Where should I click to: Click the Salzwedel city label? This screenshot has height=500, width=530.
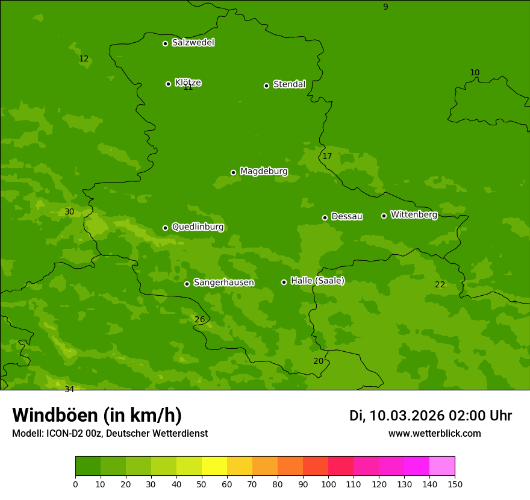click(x=193, y=43)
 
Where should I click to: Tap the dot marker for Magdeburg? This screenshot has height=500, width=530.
click(x=233, y=172)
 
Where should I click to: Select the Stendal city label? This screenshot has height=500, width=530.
click(x=289, y=84)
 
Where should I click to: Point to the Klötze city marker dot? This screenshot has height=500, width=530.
click(x=168, y=84)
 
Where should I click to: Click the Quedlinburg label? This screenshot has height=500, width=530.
click(x=198, y=227)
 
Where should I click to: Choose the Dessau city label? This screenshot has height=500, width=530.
click(x=346, y=216)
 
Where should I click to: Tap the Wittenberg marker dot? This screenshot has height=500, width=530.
click(x=384, y=216)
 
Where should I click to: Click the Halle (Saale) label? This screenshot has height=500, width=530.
click(x=317, y=281)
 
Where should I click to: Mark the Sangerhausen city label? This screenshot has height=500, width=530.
click(x=223, y=283)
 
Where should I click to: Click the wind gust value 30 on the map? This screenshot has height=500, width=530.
click(x=69, y=212)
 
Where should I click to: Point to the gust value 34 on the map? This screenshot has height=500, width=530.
click(x=69, y=389)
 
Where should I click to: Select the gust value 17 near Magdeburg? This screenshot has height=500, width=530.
click(x=327, y=157)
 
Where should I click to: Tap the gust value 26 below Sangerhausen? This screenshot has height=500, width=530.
click(x=199, y=319)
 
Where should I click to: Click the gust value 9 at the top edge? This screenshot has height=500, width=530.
click(x=385, y=7)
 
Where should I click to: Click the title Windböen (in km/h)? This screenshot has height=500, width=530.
click(x=97, y=416)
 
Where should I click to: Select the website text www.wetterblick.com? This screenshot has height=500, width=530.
click(x=434, y=434)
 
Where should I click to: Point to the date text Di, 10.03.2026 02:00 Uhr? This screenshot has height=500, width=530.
click(x=431, y=416)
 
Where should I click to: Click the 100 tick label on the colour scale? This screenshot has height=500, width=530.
click(x=328, y=484)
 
